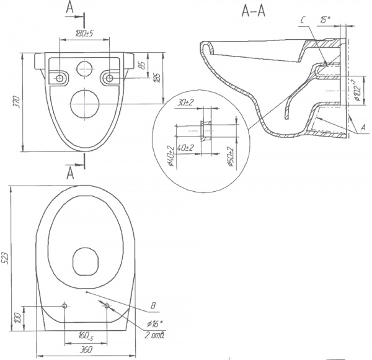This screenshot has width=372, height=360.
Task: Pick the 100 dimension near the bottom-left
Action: [18, 317]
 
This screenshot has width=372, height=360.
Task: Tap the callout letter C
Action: [300, 20]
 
